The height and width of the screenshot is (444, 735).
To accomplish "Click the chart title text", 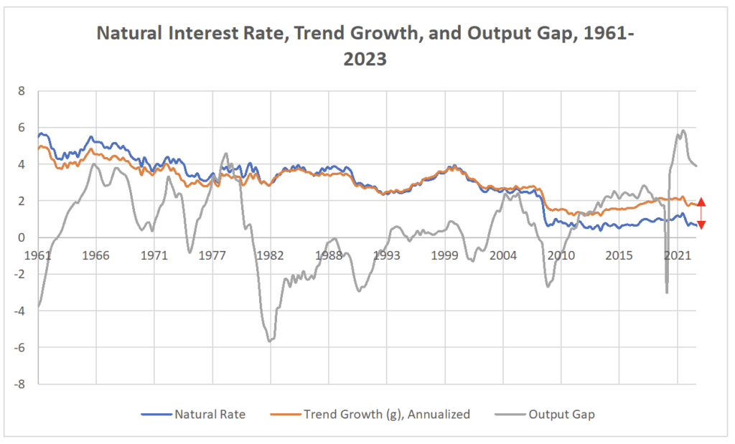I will tap(367, 46).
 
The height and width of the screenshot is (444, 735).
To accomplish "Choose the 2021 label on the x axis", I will tap(678, 255).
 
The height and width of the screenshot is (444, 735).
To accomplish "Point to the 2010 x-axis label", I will tap(561, 255).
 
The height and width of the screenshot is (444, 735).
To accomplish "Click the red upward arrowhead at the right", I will tap(701, 202).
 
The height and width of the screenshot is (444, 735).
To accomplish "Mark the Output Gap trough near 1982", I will tap(270, 341).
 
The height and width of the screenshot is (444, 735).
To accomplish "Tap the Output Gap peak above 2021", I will tap(683, 131).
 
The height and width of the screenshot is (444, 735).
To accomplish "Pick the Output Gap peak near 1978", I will tap(225, 153).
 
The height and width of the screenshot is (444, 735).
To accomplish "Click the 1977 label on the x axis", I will tap(212, 255).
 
